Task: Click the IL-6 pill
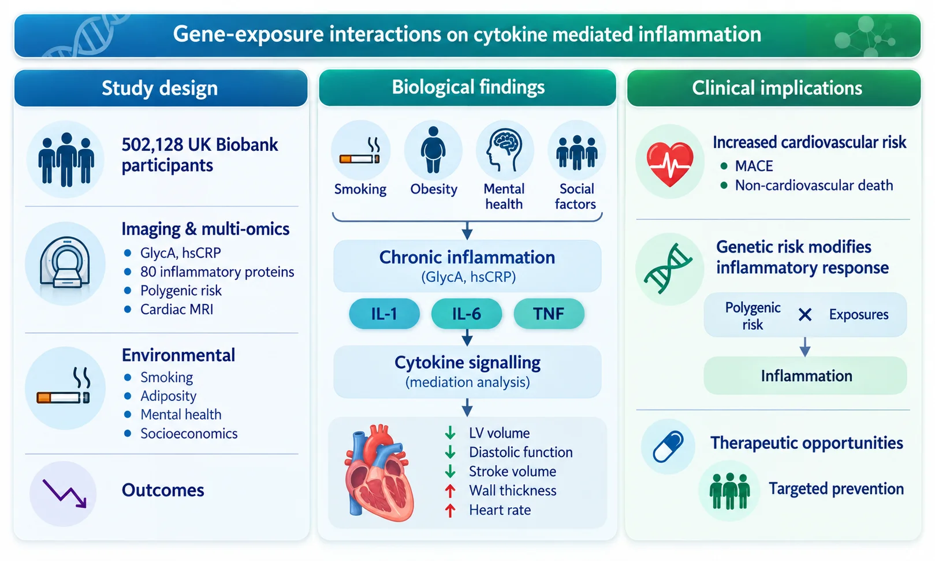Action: [x=466, y=314]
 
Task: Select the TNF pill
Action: [x=549, y=314]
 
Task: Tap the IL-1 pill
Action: [x=384, y=314]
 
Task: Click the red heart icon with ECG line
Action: [x=669, y=164]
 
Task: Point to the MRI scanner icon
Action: [x=65, y=262]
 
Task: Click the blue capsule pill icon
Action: [x=668, y=447]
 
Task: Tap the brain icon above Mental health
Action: [x=504, y=150]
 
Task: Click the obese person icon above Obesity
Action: [x=433, y=150]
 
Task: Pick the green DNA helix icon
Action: [x=668, y=269]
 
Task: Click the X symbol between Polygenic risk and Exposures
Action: [x=804, y=314]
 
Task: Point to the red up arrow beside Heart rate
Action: [x=450, y=510]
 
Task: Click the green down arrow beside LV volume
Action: [x=450, y=433]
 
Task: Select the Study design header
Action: [x=161, y=88]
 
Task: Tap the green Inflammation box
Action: [x=805, y=376]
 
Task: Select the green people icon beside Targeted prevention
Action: [x=729, y=491]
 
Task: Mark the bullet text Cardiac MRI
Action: [x=177, y=310]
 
